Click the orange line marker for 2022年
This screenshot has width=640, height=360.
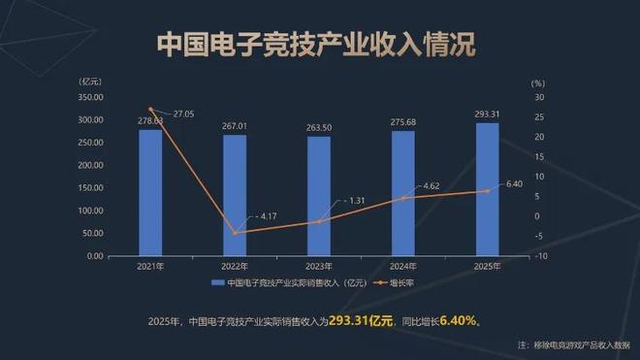click(x=235, y=233)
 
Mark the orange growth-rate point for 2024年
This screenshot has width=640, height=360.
click(x=403, y=198)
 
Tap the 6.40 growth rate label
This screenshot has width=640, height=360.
click(x=514, y=183)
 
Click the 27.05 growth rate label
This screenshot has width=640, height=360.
click(x=183, y=114)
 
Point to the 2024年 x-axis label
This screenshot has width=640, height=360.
click(x=403, y=267)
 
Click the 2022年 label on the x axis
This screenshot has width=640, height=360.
click(x=235, y=267)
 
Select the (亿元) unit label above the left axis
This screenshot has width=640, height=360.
click(x=89, y=81)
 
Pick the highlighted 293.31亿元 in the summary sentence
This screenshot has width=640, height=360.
click(x=361, y=320)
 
